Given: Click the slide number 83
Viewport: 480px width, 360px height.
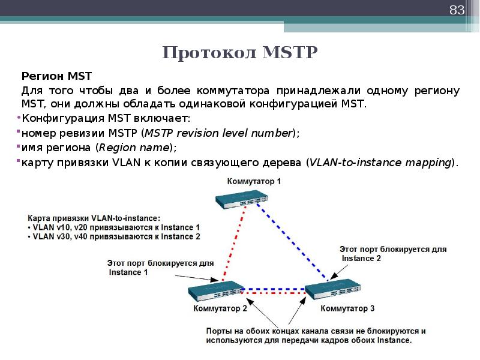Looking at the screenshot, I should pos(457,10).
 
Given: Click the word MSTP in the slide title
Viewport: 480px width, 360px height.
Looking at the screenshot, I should pos(290,53).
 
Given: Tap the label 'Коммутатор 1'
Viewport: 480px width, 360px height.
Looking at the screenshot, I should pos(253,181).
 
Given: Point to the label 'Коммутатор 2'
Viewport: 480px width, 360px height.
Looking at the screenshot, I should pos(220,308).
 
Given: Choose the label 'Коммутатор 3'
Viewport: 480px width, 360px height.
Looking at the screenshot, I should pos(347,308).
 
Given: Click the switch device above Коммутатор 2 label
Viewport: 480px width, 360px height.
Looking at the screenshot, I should pos(217,292).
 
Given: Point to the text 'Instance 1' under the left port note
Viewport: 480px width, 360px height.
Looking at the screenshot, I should pos(128,272).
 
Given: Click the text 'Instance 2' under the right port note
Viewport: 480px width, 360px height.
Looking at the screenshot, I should pos(361,259).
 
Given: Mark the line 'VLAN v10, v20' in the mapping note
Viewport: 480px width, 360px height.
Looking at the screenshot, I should pos(114,227).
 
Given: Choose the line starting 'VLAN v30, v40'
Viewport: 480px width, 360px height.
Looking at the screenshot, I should pos(114,237).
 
